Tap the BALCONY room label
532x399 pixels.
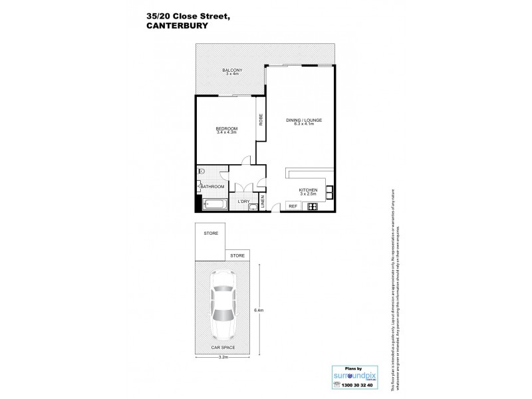pyautogui.click(x=232, y=71)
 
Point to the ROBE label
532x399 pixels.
pyautogui.click(x=261, y=120)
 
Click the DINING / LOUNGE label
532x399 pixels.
pyautogui.click(x=304, y=120)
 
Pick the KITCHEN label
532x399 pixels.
pyautogui.click(x=308, y=191)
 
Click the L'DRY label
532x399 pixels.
pyautogui.click(x=244, y=201)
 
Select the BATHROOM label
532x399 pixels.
pyautogui.click(x=213, y=187)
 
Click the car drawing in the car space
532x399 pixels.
pyautogui.click(x=223, y=306)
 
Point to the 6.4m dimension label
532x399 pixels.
pyautogui.click(x=260, y=310)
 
